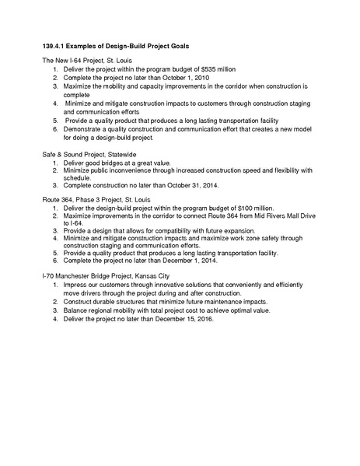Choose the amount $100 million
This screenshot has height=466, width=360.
pyautogui.click(x=253, y=208)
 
